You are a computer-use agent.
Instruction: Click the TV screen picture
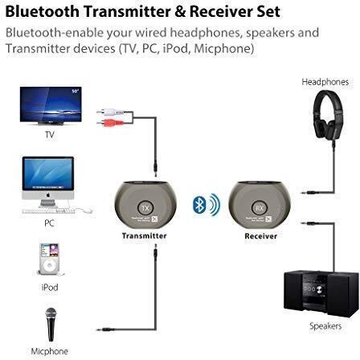(51, 104)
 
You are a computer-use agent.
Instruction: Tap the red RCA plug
(110, 123)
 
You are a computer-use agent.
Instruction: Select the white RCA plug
(110, 111)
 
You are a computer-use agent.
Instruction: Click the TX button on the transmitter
(145, 208)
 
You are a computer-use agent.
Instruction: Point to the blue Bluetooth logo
(199, 204)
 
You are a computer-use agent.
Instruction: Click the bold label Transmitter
(145, 235)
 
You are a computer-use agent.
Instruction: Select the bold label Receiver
(261, 236)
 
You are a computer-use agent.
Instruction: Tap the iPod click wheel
(49, 266)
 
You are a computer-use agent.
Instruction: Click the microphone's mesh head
(51, 314)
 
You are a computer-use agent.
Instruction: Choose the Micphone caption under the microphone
(50, 351)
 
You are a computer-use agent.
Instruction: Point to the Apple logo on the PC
(48, 195)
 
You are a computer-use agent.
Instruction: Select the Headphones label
(325, 82)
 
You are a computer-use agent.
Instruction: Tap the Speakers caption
(325, 326)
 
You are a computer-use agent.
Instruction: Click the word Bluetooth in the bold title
(43, 11)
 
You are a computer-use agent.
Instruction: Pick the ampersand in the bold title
(180, 12)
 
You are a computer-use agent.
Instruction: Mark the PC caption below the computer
(49, 223)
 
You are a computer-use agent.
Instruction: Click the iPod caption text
(50, 288)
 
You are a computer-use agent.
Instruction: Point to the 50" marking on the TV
(76, 91)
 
